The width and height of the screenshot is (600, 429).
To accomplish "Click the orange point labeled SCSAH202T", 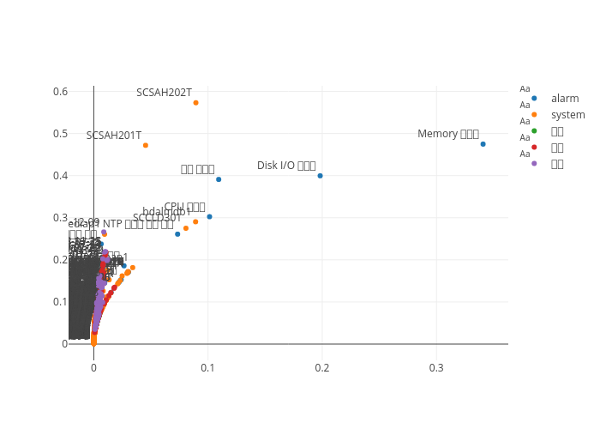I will pyautogui.click(x=195, y=102).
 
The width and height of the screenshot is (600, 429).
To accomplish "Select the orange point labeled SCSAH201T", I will pyautogui.click(x=146, y=145).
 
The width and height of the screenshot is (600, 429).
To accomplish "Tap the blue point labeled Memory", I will pyautogui.click(x=483, y=144).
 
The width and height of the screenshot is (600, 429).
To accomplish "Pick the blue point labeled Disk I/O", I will pyautogui.click(x=320, y=176).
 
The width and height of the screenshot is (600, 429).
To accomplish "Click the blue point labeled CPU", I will pyautogui.click(x=209, y=216).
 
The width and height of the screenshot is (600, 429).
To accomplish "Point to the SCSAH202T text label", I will pyautogui.click(x=164, y=93).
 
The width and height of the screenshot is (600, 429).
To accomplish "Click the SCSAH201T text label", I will pyautogui.click(x=114, y=136).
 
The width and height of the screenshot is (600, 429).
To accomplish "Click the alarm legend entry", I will pyautogui.click(x=565, y=99).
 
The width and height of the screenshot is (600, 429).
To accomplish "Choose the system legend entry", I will pyautogui.click(x=567, y=115).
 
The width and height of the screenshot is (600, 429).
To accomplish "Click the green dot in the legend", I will pyautogui.click(x=534, y=130).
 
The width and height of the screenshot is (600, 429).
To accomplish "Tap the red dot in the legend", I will pyautogui.click(x=534, y=147).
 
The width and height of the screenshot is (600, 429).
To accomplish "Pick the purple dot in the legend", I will pyautogui.click(x=534, y=163).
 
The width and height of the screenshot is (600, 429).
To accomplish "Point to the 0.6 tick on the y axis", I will pyautogui.click(x=60, y=92).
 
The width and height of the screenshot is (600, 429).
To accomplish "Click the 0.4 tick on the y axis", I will pyautogui.click(x=60, y=176).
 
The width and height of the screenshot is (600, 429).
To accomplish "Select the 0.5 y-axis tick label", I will pyautogui.click(x=60, y=134).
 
